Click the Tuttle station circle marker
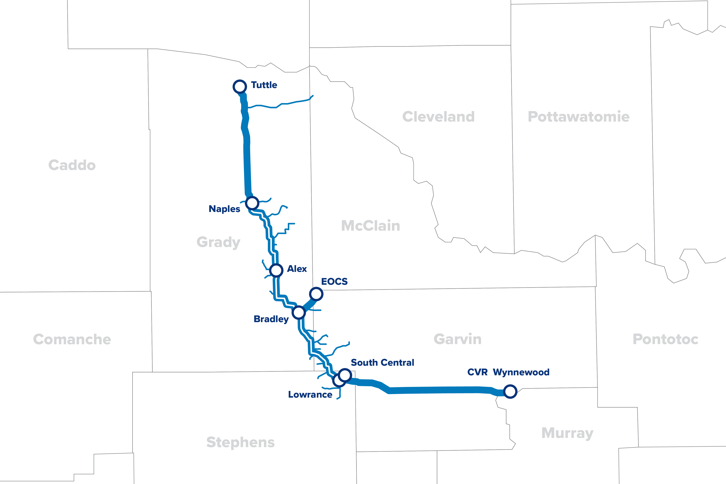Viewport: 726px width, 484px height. coord(240,86)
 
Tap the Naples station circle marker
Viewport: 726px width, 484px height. coord(252,203)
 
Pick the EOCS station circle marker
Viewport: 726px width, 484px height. coord(316,294)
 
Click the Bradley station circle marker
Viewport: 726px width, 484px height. coord(299,312)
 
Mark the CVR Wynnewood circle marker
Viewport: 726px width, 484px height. coord(510,391)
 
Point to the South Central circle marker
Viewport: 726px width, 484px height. coord(345,375)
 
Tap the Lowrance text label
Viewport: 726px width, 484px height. coord(310,395)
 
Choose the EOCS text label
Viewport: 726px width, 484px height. coord(334,281)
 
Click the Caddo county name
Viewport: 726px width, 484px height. coord(72,165)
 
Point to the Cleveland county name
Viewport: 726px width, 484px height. coord(438,117)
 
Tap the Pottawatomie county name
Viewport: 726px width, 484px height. coord(578,117)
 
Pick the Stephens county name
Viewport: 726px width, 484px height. coord(240,442)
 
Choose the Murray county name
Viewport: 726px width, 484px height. coord(567,433)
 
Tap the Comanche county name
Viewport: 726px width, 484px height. coord(72,339)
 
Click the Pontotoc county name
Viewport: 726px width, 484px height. coord(665,339)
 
